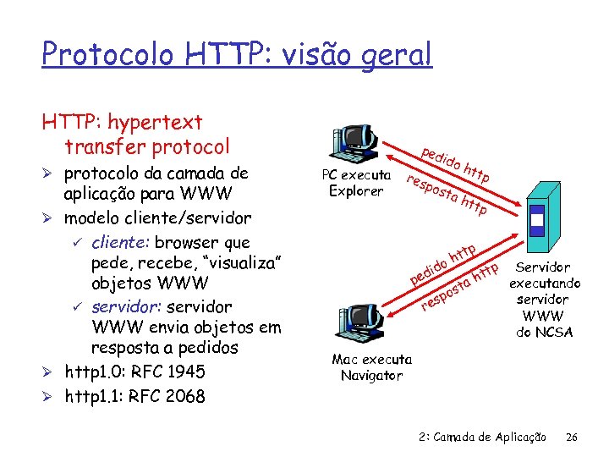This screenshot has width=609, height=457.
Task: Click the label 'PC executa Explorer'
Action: point(356,183)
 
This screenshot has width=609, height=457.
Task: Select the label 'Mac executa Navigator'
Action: point(371,367)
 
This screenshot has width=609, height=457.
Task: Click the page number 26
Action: point(572,437)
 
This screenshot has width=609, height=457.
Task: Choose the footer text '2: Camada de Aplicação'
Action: point(482,437)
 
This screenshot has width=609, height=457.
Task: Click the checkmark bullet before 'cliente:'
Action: point(75,240)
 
